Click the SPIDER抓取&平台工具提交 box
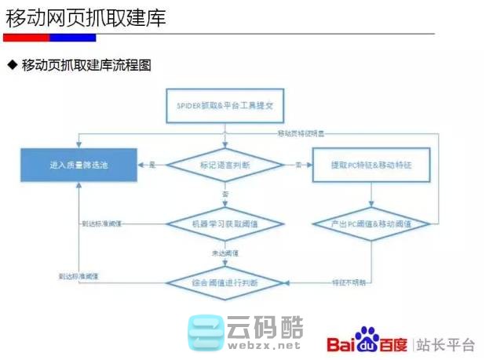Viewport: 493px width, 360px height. coord(225,104)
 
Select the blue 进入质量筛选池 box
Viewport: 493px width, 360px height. coord(77,166)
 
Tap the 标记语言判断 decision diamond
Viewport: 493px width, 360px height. coord(225,165)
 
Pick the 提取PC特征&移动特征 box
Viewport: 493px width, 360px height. coord(371,165)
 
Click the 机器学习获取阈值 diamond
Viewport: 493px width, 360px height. coord(225,224)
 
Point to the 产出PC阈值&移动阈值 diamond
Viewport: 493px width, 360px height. coord(371,224)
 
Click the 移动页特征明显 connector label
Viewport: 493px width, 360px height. coord(305,134)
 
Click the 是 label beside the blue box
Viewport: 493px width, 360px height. coord(152,165)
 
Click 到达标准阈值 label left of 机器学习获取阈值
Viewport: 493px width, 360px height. coord(104,224)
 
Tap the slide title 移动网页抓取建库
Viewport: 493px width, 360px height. coord(86,17)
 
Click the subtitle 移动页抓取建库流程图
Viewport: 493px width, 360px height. coord(86,65)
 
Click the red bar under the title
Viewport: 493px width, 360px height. coord(26,37)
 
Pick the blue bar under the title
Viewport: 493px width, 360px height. coord(72,37)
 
